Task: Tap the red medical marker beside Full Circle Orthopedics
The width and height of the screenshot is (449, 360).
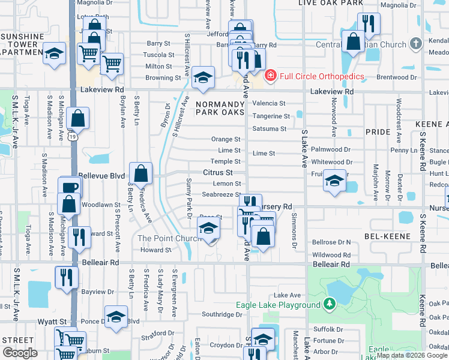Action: (271, 76)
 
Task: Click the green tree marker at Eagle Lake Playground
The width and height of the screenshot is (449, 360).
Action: (329, 305)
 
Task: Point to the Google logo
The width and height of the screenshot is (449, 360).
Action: (20, 353)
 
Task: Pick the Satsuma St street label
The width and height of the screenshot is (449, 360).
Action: (270, 128)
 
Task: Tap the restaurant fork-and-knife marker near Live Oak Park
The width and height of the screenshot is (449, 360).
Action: (369, 23)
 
